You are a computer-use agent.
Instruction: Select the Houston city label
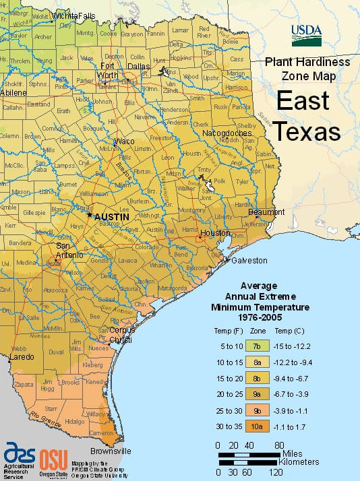(215, 233)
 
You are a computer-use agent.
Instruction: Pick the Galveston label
(249, 260)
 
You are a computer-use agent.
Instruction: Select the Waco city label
(124, 141)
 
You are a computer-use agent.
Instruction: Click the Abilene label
(13, 92)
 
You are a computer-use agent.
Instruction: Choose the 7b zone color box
(258, 346)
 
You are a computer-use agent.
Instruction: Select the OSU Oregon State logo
(53, 460)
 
